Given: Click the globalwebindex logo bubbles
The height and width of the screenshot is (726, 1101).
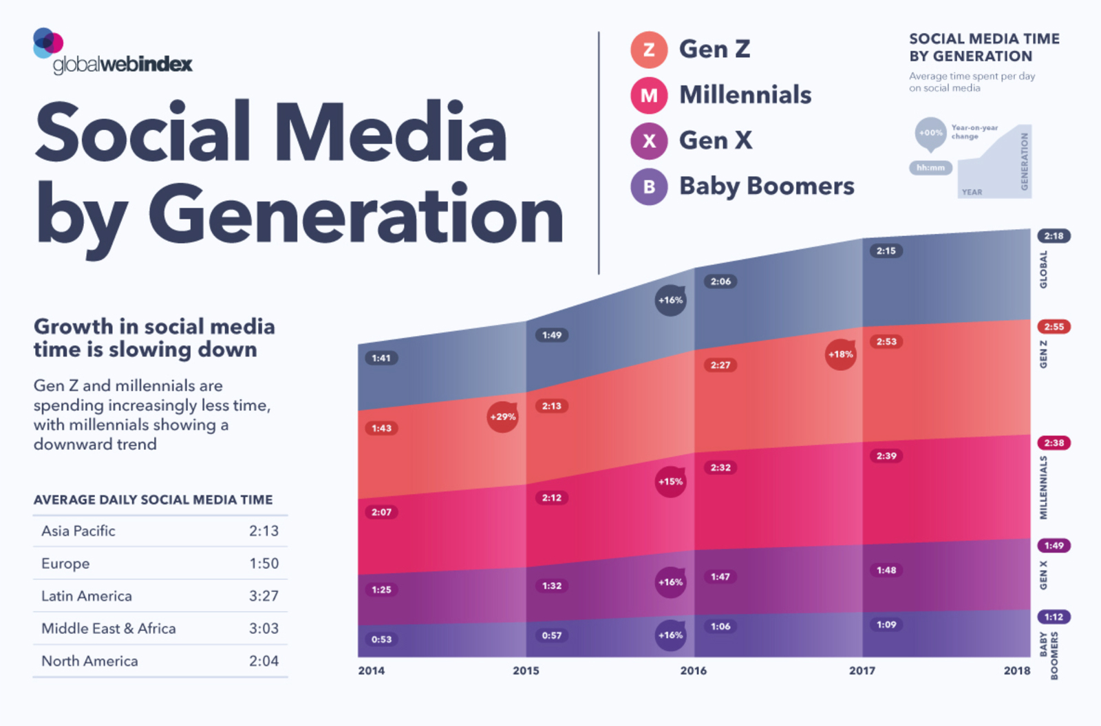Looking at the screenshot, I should tap(47, 43).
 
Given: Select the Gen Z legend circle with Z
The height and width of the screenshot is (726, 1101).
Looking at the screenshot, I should tap(649, 50).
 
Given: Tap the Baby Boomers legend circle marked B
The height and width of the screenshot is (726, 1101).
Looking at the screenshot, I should tap(649, 186).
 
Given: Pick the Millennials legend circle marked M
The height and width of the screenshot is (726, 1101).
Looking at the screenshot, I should tap(649, 95).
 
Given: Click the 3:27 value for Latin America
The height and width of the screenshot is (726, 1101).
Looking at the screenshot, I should tap(264, 596).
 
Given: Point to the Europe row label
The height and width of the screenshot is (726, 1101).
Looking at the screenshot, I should tap(65, 564).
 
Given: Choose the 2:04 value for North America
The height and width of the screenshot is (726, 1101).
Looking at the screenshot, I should tap(264, 661).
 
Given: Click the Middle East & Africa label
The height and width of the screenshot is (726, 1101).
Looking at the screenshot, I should tap(109, 628).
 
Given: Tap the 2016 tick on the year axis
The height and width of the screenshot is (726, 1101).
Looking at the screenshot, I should tap(694, 671).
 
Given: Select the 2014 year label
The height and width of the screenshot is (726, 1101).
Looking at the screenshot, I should tap(372, 671).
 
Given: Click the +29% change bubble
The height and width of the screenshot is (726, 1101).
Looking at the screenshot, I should tap(502, 417).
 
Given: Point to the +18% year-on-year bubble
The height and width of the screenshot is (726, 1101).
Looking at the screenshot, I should tap(840, 354).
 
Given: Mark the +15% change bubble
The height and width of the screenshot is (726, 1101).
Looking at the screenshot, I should tap(670, 482).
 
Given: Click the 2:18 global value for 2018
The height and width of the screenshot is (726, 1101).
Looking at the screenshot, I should tap(1054, 236).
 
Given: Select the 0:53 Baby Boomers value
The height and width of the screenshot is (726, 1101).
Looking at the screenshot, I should tap(381, 639).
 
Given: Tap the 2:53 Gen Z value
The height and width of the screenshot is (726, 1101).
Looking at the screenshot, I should tap(886, 341).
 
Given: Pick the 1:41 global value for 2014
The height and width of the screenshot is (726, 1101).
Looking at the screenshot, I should tap(381, 358).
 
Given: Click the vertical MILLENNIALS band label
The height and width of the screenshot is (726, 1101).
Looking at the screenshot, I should tap(1044, 487).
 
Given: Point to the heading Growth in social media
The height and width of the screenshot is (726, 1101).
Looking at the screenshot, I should tap(154, 326).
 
